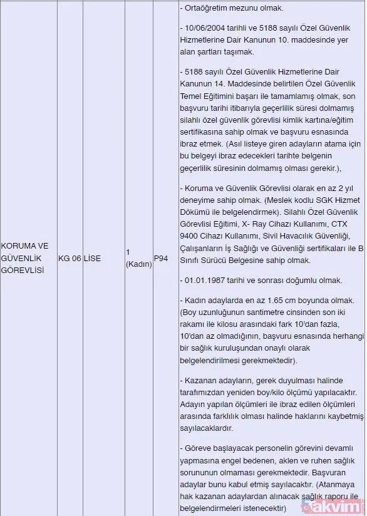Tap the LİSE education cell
pyautogui.click(x=93, y=258)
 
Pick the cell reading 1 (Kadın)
pyautogui.click(x=138, y=258)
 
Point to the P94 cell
pyautogui.click(x=161, y=258)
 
